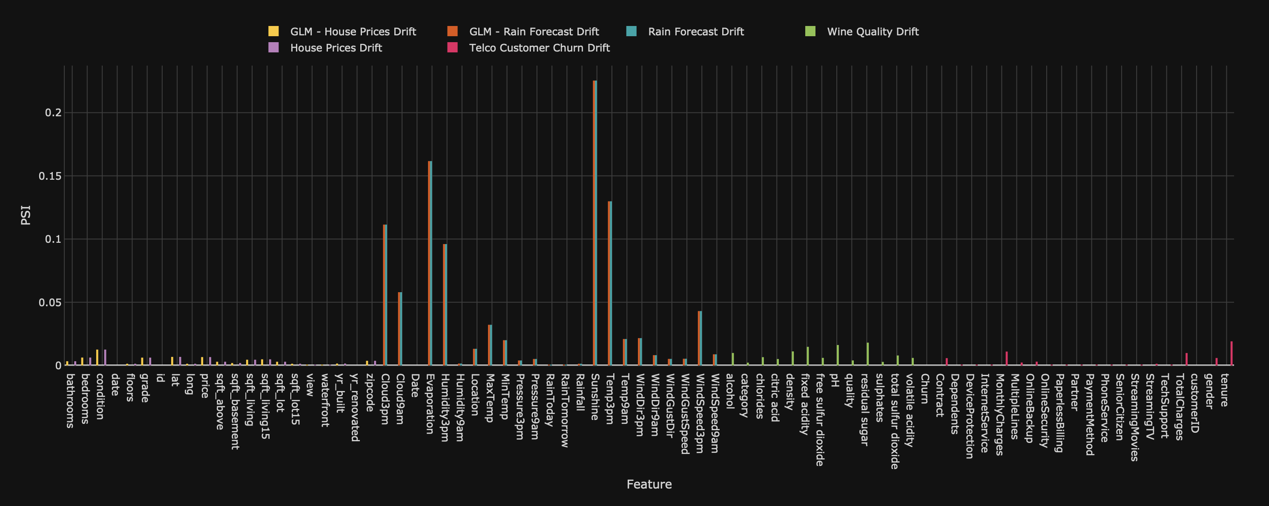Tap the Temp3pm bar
coord(610,283)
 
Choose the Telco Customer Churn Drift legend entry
coord(539,48)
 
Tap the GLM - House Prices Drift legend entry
coord(353,32)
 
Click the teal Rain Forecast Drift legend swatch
coord(632,32)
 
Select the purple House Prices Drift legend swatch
coord(273,48)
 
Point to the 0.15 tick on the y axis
coord(50,176)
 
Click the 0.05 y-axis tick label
coord(50,302)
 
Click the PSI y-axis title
coord(26,216)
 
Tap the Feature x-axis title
coord(649,484)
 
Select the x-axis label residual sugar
coord(864,409)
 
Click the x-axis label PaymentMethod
coord(1089,414)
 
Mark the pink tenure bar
coord(1232,353)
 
